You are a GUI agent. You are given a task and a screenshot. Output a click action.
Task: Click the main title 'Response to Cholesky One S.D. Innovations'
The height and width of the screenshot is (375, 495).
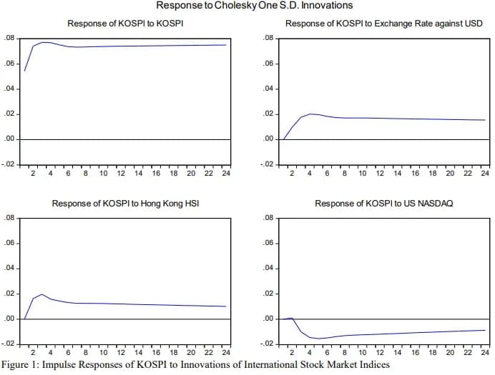pos(254,6)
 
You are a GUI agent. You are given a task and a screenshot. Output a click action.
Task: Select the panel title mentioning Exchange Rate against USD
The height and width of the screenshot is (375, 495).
pos(383,24)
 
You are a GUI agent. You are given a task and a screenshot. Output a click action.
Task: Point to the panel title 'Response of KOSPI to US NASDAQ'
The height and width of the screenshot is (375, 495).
pos(383,204)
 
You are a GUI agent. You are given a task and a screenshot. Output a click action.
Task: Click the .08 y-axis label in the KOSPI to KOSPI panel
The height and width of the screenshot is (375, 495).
pos(9,37)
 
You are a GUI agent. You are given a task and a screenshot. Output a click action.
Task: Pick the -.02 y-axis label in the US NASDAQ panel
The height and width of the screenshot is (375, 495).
pos(267,344)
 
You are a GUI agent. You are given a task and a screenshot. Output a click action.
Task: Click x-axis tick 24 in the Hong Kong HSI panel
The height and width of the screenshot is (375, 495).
pos(225,352)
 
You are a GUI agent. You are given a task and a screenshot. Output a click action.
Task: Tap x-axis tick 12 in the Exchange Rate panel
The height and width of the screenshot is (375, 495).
pos(380,173)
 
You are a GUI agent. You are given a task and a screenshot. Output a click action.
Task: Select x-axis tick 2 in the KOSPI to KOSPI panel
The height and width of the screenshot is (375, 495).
pos(33,173)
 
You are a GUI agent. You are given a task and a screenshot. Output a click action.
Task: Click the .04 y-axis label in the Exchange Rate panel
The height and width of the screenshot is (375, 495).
pos(268,89)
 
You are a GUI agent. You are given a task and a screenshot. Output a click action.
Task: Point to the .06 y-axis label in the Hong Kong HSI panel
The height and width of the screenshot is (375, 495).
pos(9,244)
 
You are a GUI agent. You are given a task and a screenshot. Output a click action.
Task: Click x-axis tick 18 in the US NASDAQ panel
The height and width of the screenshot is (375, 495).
pos(432,352)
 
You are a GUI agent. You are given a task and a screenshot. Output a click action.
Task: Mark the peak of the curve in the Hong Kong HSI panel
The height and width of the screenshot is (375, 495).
pos(42,294)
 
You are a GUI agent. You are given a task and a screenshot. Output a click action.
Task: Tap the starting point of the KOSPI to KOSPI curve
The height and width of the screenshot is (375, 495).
pos(25,71)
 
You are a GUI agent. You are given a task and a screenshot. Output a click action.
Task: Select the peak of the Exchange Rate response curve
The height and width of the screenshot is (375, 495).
pos(310,114)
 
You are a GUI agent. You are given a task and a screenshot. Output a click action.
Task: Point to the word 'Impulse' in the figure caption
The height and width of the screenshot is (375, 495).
pos(63,365)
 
